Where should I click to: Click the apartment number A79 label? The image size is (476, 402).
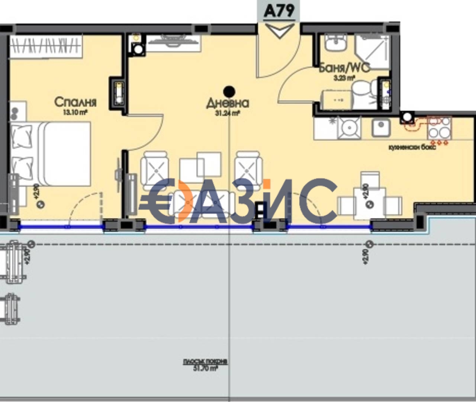[x=279, y=11]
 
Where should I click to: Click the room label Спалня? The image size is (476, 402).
[x=75, y=102]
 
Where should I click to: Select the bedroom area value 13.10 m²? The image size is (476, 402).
[x=75, y=112]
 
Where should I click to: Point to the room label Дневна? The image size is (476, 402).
[x=227, y=103]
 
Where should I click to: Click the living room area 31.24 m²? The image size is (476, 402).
[x=227, y=114]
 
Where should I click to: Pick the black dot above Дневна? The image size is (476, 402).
[x=229, y=91]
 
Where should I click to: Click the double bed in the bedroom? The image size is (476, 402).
[x=52, y=154]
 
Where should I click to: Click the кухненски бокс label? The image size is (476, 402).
[x=412, y=148]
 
